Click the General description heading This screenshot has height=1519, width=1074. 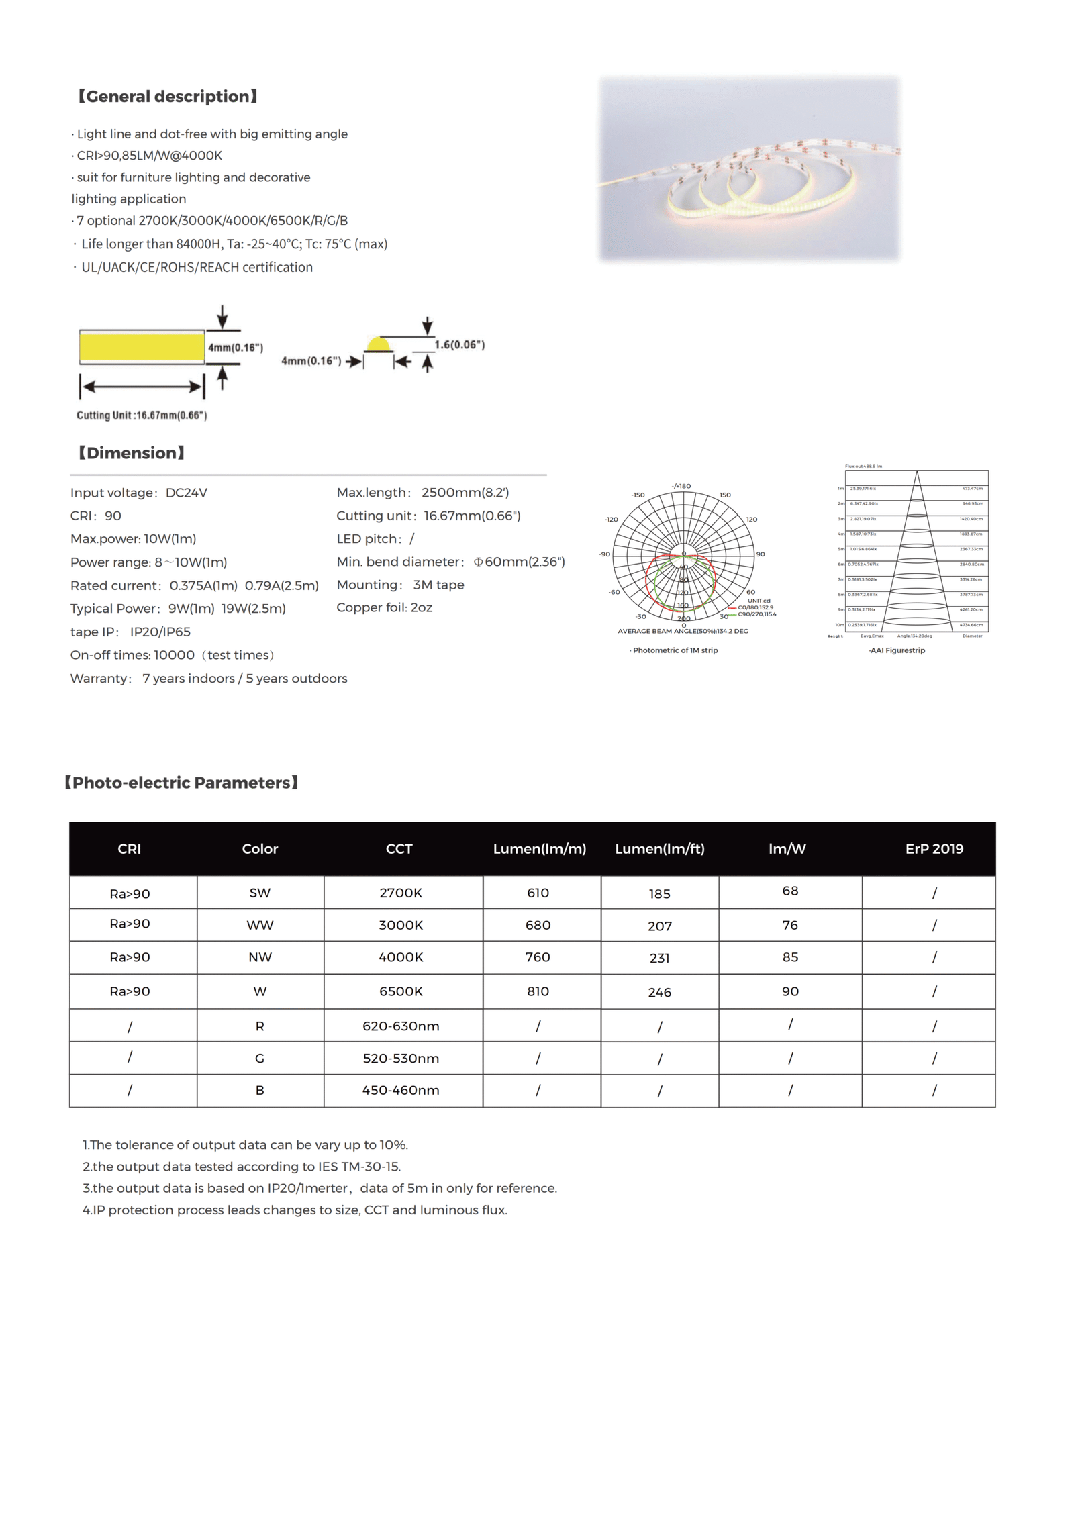[167, 97]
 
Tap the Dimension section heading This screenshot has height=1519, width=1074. [131, 453]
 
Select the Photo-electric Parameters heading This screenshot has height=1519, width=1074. [181, 783]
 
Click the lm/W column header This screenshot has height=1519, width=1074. [787, 849]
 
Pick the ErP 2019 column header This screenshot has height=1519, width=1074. [934, 849]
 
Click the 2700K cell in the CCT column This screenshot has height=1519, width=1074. [401, 893]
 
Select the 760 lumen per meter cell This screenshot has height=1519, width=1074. [538, 957]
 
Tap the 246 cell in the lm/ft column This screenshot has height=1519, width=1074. [659, 993]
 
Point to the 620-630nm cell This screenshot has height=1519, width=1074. [401, 1026]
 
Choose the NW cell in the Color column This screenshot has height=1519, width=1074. [260, 958]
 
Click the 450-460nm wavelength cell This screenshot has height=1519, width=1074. [401, 1091]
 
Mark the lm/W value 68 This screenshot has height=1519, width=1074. [790, 891]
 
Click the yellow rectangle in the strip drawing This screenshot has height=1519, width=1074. [142, 347]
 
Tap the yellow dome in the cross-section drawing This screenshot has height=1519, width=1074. [379, 345]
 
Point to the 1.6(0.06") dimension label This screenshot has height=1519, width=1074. [459, 345]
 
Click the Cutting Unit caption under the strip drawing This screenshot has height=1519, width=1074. [142, 415]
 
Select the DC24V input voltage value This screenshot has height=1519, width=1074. [187, 493]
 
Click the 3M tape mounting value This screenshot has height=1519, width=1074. [438, 585]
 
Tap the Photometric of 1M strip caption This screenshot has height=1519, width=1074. [675, 650]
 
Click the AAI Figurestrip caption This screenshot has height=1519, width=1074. [897, 650]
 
